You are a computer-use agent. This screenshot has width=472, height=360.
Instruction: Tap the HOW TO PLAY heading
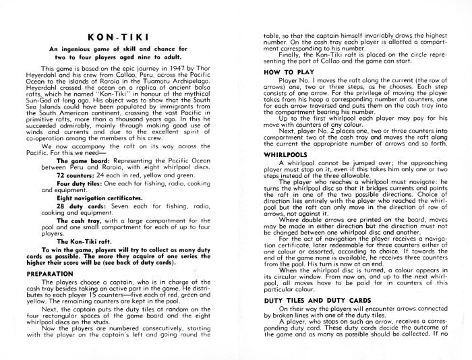point(285,71)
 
